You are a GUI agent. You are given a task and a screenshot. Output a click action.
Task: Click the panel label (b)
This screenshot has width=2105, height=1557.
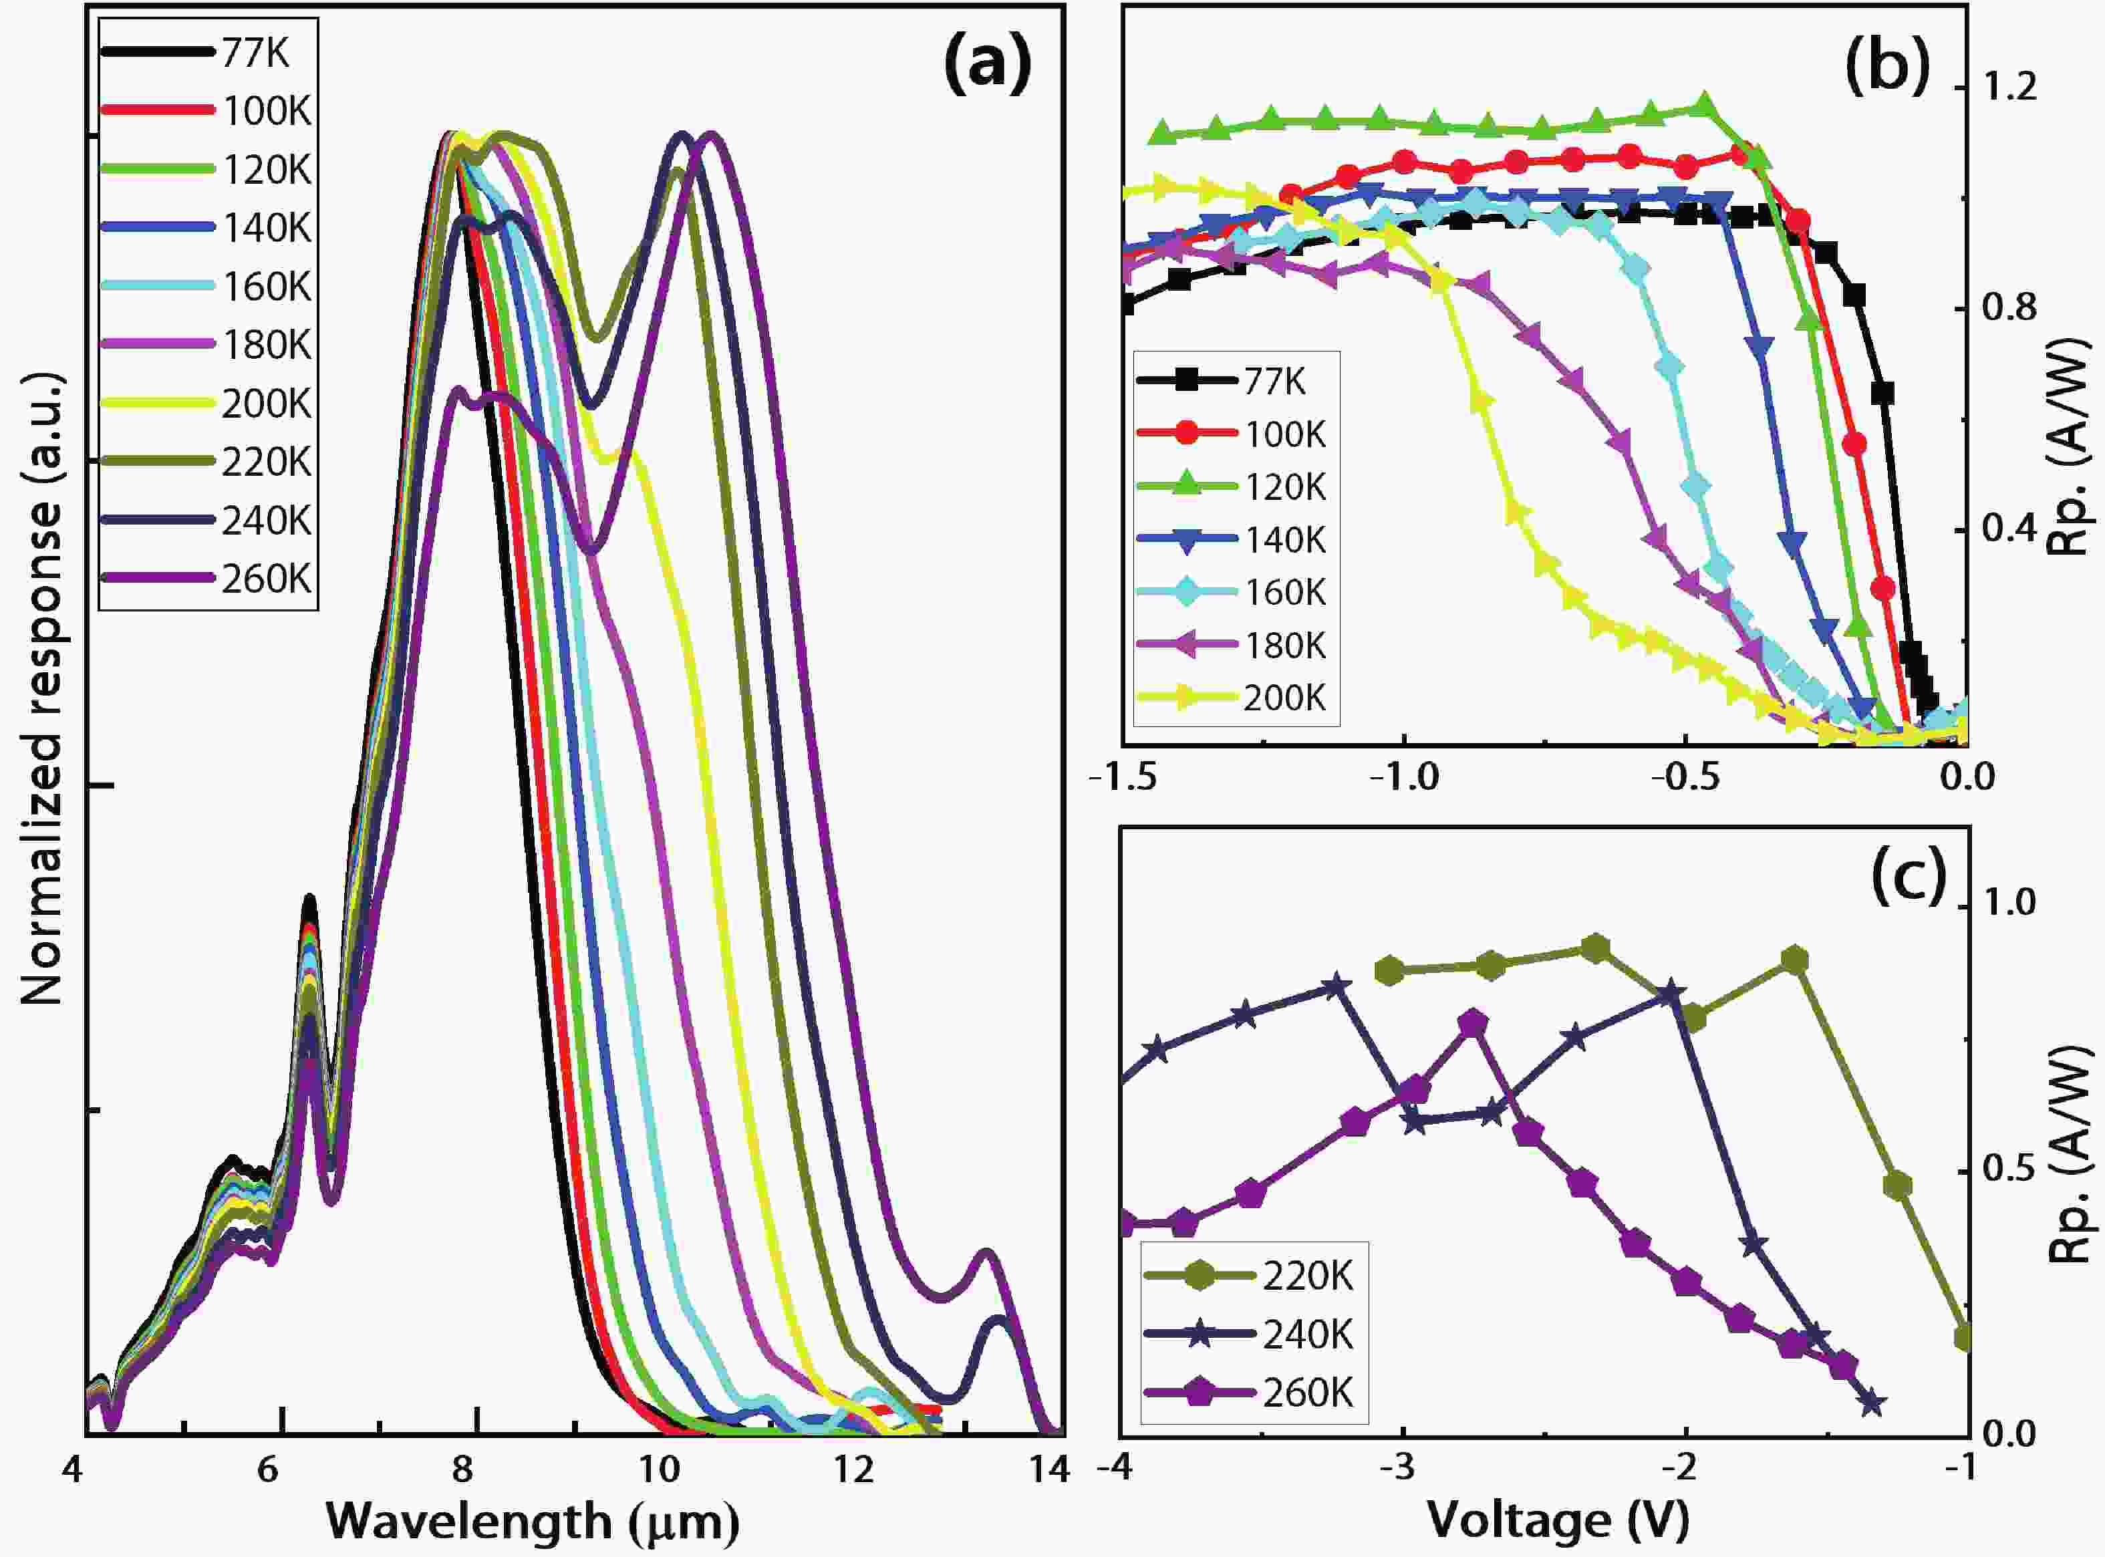pyautogui.click(x=1886, y=67)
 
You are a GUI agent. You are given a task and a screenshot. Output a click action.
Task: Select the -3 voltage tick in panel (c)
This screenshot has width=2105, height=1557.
pyautogui.click(x=1401, y=1467)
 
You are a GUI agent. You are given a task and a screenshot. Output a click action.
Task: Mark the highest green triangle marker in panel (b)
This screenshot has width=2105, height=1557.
pyautogui.click(x=1703, y=106)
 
